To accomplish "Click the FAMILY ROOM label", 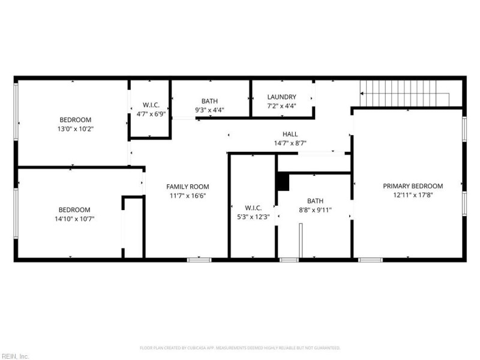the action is click(x=188, y=187).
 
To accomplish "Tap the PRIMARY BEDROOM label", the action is click(x=413, y=186).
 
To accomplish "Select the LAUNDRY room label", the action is click(x=281, y=97).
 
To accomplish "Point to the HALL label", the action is click(x=290, y=134).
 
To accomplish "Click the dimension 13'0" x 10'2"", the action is click(x=76, y=128).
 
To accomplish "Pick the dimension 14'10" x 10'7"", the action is click(x=74, y=218).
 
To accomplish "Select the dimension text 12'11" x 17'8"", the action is click(x=413, y=194).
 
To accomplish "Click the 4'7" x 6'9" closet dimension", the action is click(x=151, y=114).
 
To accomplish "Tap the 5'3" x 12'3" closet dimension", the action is click(x=253, y=217).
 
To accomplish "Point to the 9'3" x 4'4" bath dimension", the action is click(x=209, y=110).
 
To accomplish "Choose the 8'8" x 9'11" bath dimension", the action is click(x=316, y=209).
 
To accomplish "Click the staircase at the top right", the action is click(x=404, y=93).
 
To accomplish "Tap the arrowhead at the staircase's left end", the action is click(x=362, y=94).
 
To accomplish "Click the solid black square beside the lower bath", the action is click(x=283, y=181).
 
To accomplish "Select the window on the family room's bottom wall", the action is click(x=199, y=260).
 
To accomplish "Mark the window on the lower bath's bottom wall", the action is click(x=289, y=260).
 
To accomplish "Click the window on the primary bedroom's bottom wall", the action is click(x=370, y=260).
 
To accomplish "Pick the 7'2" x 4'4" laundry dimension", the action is click(x=281, y=106).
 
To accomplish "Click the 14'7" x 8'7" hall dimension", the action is click(x=290, y=143).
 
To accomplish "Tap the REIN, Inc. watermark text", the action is click(x=14, y=356).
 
